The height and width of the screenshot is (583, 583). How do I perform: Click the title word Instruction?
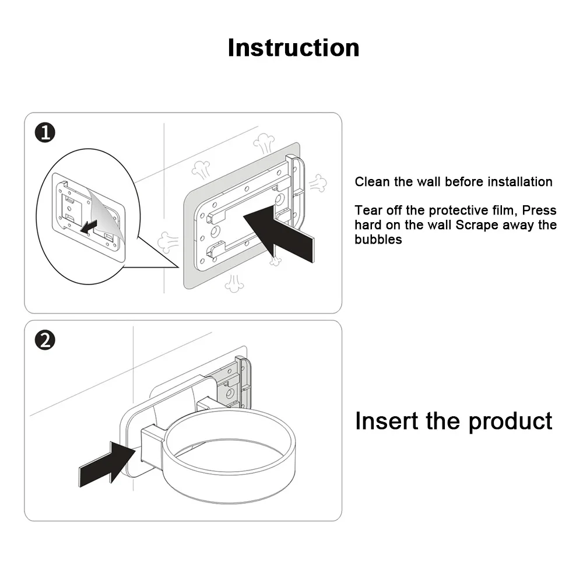point(293,47)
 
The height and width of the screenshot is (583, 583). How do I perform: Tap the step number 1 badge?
point(45,133)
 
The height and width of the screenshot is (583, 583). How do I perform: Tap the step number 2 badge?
point(45,340)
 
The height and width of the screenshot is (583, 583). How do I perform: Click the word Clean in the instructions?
point(372,182)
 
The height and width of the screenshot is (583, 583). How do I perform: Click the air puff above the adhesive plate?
point(264,144)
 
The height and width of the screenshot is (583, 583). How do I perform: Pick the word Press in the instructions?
point(540,210)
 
